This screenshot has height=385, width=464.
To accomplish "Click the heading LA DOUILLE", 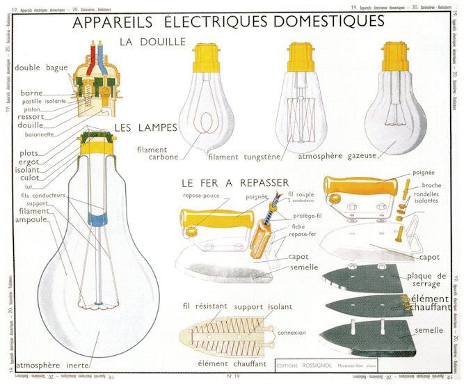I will coord(152,42).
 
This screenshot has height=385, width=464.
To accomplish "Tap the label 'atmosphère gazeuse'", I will coord(337,156).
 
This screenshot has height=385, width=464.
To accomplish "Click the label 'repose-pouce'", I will coord(202,197).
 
